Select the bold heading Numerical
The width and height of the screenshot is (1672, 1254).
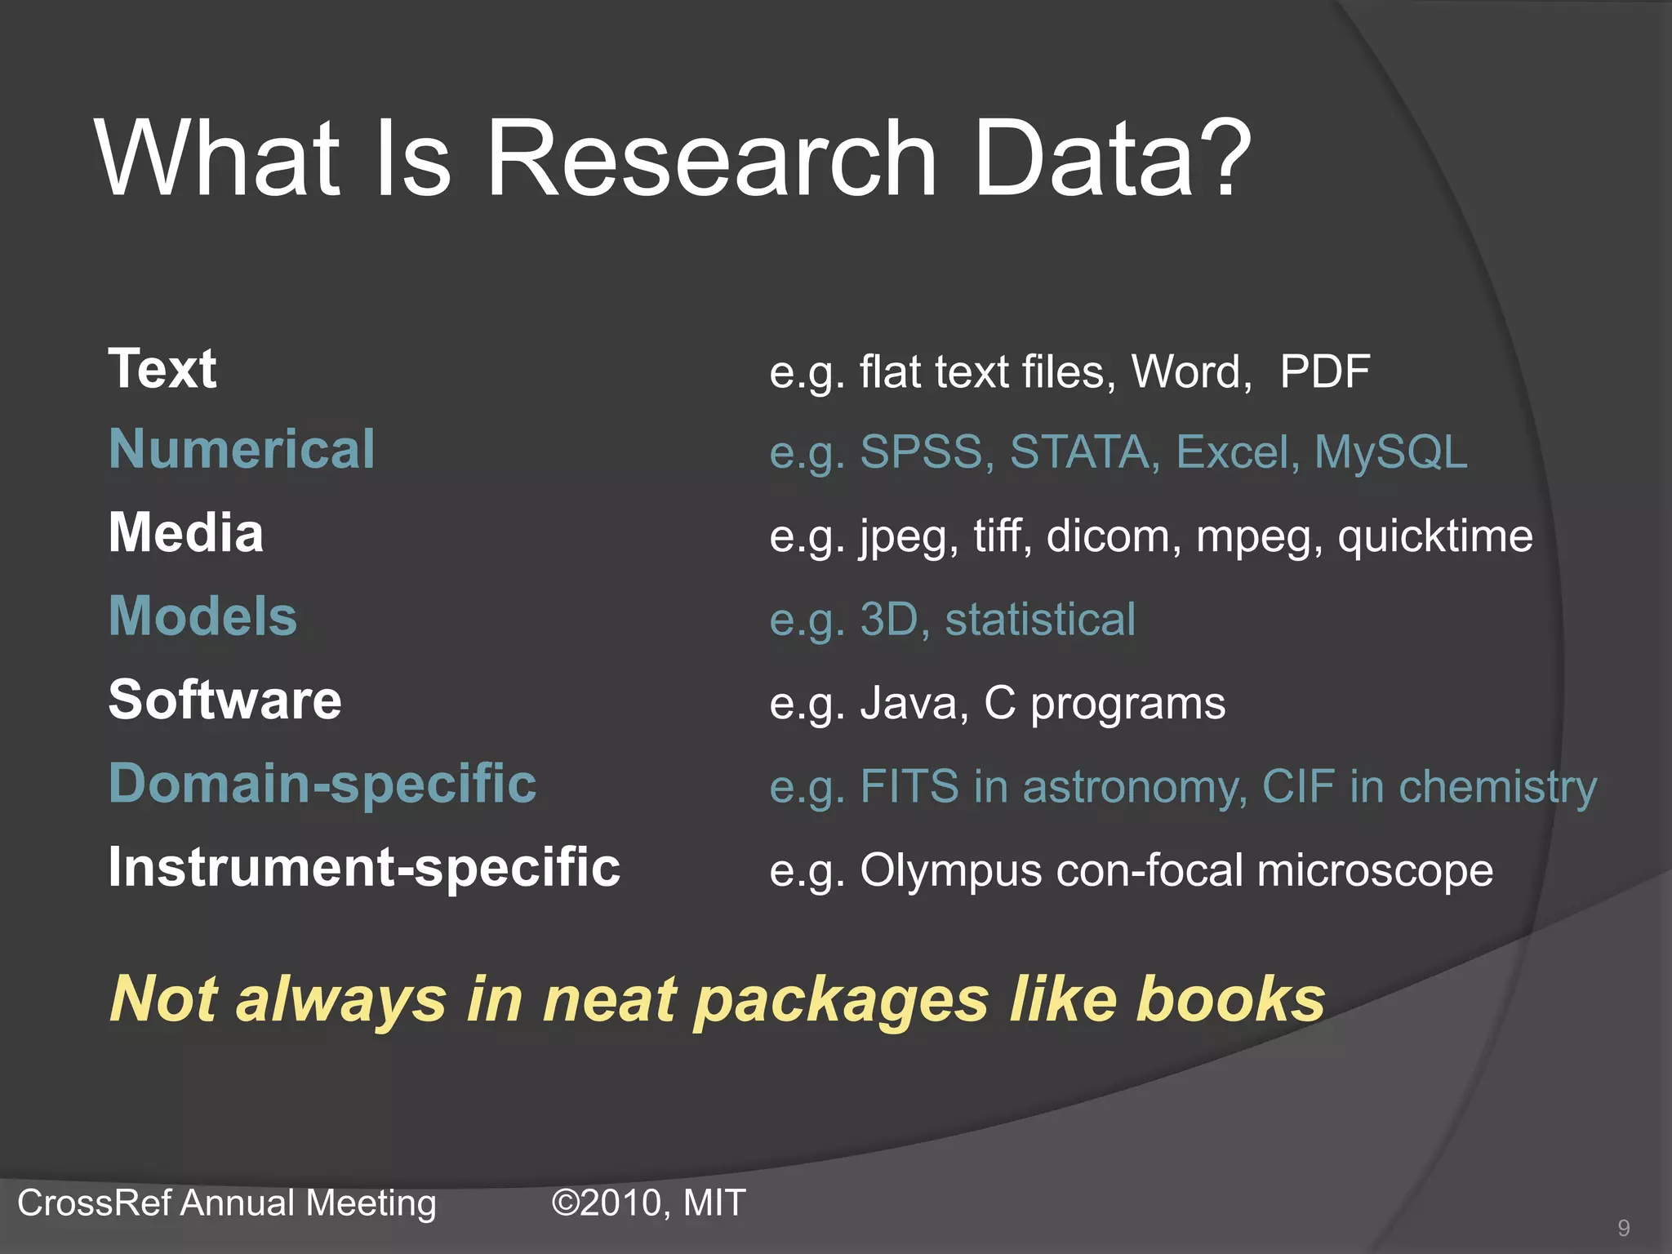[x=242, y=449]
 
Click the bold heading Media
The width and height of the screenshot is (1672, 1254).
[x=186, y=532]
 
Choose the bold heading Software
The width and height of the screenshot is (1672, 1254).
[x=225, y=700]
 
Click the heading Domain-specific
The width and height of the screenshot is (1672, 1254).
[x=322, y=784]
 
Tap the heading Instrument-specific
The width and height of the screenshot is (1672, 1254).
[x=364, y=867]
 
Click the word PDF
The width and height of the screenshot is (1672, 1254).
[x=1324, y=372]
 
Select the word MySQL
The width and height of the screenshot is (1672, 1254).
[x=1390, y=452]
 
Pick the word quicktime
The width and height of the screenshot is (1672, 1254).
[x=1434, y=537]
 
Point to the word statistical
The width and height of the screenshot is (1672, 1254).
[x=1040, y=620]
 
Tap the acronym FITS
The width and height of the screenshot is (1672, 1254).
[x=909, y=787]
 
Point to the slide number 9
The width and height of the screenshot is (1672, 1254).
[x=1623, y=1228]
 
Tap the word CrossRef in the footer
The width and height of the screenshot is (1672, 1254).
[x=93, y=1203]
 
